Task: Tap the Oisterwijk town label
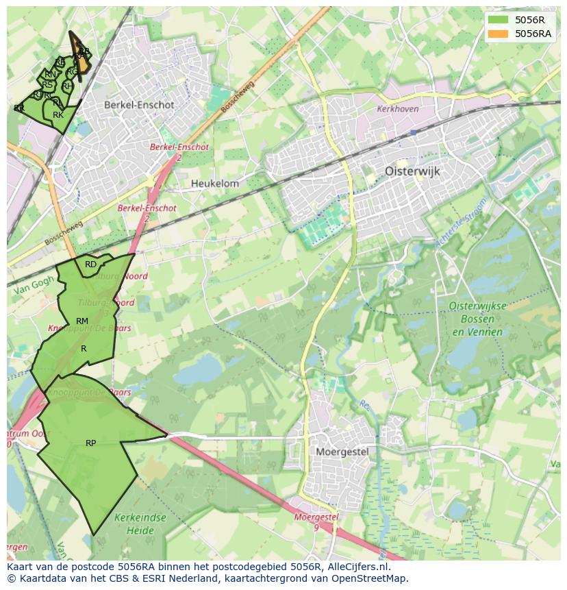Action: [x=412, y=171]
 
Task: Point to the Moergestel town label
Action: [x=342, y=452]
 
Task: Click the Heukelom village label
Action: [x=215, y=184]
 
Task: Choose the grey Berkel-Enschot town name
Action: [x=139, y=106]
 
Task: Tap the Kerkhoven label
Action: [x=397, y=109]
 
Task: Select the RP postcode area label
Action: [x=90, y=443]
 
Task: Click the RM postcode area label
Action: [x=82, y=321]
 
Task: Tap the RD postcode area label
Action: [x=90, y=265]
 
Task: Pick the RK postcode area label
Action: [x=58, y=115]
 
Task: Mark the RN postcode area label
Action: [x=50, y=75]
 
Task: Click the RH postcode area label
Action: [x=67, y=86]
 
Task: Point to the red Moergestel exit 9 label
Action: [x=316, y=521]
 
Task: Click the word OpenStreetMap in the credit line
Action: [x=372, y=578]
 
